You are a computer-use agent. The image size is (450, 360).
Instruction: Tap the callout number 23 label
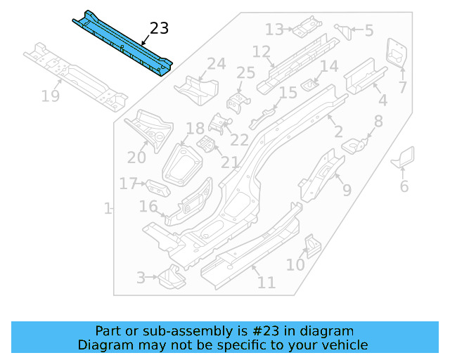tap(160, 28)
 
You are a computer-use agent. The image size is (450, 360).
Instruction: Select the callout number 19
tap(50, 96)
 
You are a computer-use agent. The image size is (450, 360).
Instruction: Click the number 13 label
tap(274, 29)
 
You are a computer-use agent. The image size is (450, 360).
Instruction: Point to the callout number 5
tap(368, 30)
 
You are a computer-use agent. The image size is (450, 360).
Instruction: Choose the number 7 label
tap(402, 88)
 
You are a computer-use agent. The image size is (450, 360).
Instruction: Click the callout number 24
tap(216, 64)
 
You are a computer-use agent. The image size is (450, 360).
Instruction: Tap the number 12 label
tap(261, 51)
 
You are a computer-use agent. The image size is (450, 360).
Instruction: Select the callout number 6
tap(404, 186)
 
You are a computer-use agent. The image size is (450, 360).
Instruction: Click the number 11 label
tap(266, 283)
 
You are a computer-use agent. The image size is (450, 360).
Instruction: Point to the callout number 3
tap(141, 278)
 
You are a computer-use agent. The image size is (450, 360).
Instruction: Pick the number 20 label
tap(136, 157)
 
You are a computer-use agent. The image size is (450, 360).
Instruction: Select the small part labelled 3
tap(170, 278)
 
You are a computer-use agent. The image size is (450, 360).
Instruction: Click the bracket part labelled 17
tap(157, 188)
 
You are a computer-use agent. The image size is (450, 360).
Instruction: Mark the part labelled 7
tap(397, 52)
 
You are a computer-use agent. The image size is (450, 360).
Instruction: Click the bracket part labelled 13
tap(307, 27)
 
